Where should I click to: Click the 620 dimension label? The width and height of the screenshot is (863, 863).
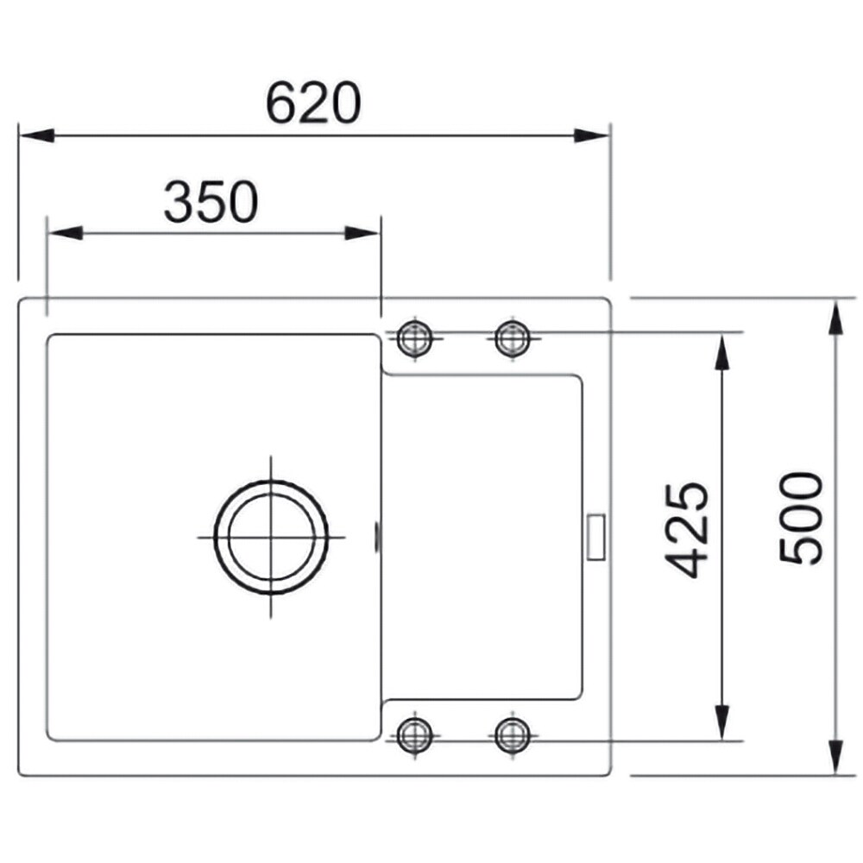tap(313, 103)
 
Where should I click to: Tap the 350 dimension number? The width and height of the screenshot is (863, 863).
tap(211, 201)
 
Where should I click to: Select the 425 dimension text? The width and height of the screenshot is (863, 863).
tap(686, 530)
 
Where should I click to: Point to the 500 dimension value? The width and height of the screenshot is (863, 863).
tap(801, 518)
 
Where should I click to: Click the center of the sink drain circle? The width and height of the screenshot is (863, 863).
tap(271, 537)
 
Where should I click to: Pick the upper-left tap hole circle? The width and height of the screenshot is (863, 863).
tap(415, 337)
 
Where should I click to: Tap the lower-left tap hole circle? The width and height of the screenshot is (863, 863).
tap(415, 734)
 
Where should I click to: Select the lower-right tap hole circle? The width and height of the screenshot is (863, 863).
tap(513, 734)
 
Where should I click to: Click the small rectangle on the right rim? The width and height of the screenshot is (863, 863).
tap(596, 537)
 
